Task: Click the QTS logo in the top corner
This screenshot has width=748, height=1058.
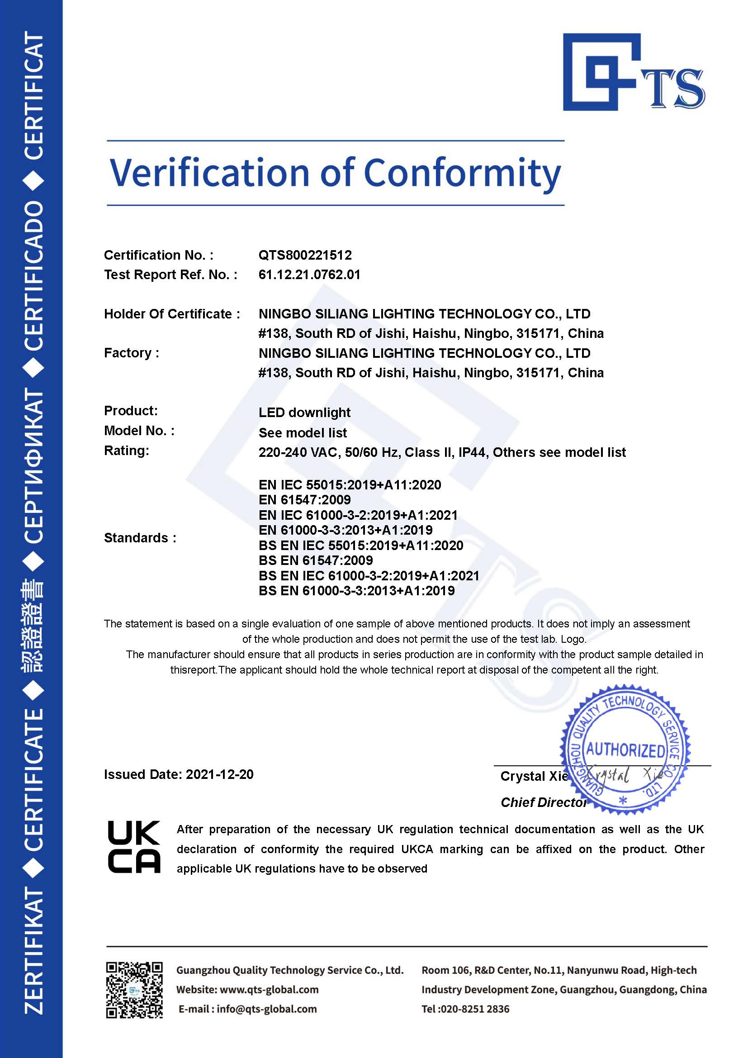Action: point(633,72)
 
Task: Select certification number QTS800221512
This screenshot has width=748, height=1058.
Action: point(305,255)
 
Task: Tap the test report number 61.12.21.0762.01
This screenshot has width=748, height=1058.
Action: point(309,275)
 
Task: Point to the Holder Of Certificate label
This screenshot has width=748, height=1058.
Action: point(172,314)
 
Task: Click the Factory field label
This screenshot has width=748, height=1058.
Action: point(131,353)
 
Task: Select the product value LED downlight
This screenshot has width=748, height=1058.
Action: point(304,413)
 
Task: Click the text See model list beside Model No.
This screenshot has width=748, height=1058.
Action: point(303,433)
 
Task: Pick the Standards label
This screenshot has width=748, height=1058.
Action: point(140,538)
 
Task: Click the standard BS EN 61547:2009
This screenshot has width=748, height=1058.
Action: point(316,560)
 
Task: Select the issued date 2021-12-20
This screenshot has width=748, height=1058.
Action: point(219,774)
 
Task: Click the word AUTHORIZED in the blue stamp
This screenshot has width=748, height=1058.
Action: point(625,750)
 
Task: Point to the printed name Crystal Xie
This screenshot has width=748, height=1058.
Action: point(534,777)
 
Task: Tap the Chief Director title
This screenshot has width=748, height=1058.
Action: point(544,803)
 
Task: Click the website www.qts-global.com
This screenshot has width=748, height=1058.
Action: point(269,989)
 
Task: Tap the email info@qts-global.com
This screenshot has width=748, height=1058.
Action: point(266,1009)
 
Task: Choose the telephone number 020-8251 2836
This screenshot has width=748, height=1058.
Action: point(474,1009)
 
